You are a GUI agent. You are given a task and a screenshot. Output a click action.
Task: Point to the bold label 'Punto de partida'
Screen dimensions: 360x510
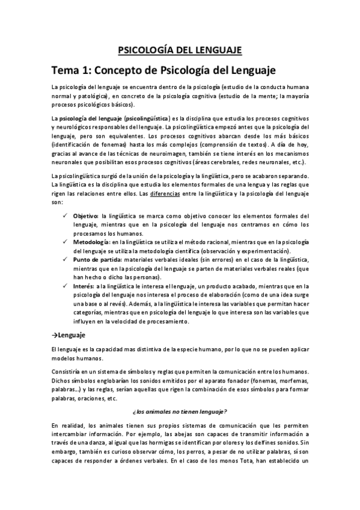(96, 259)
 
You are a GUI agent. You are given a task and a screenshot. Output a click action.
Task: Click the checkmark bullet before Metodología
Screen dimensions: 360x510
(66, 241)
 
